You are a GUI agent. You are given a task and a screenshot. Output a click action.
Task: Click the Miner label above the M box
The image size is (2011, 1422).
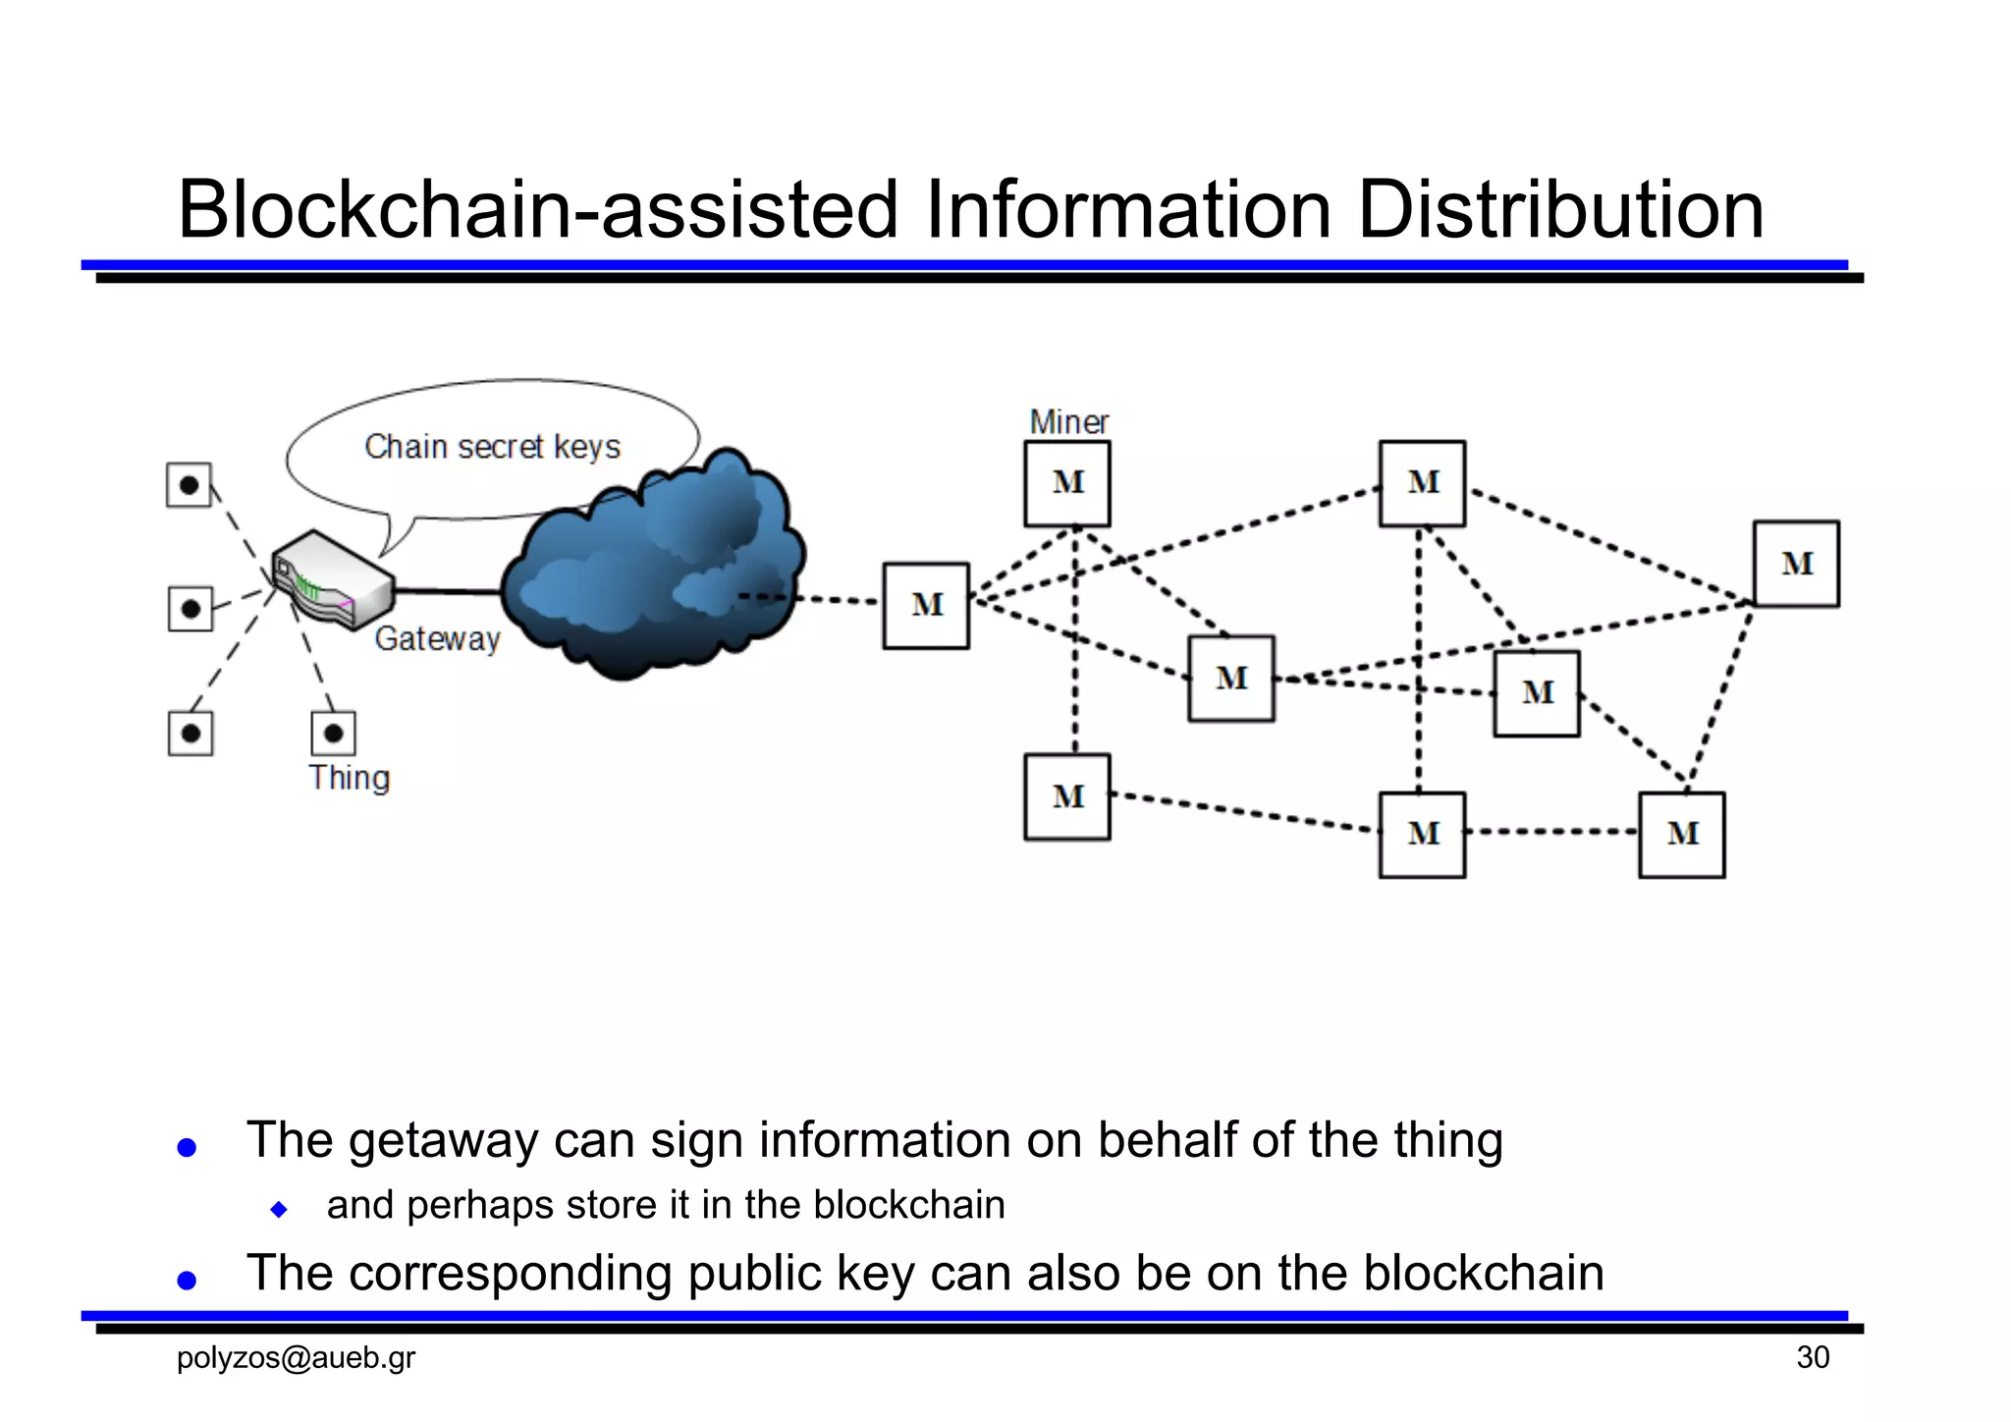[x=1068, y=422]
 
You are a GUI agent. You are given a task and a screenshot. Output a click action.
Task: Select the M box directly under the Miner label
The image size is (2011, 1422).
[x=1067, y=483]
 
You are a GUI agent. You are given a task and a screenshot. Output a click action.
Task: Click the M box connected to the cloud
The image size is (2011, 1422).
[x=926, y=605]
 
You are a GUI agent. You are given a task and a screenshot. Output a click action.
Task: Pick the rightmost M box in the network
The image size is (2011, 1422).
[x=1796, y=564]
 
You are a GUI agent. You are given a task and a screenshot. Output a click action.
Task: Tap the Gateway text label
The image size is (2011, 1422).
[x=438, y=639]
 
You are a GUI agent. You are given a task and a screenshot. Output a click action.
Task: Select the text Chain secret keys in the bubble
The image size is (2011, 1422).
[x=492, y=447]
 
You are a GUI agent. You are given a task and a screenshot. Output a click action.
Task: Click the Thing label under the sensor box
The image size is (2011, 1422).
[x=350, y=778]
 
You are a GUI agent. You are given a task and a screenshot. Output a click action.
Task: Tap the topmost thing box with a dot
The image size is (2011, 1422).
[x=190, y=485]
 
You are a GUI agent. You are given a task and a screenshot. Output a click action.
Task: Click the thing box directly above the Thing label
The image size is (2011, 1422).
[x=333, y=734]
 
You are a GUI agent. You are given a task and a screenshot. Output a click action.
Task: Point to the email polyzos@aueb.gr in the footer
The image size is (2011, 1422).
[x=296, y=1357]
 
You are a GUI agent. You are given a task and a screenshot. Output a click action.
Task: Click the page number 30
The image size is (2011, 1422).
[x=1813, y=1357]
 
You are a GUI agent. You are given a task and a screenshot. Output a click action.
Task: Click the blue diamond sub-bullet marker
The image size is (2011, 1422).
[x=279, y=1209]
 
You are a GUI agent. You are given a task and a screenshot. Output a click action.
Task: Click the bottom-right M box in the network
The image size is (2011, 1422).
[x=1681, y=835]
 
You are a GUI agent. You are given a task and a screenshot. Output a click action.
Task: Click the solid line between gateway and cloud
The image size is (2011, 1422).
[x=448, y=591]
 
